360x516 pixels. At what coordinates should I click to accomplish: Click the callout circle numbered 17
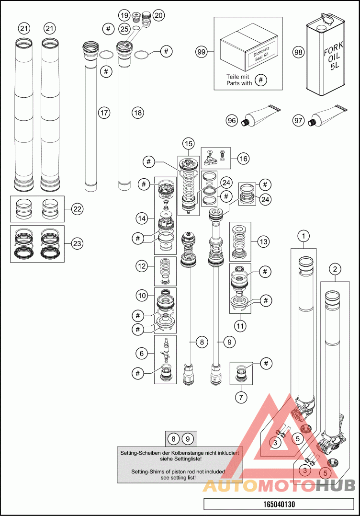(x=104, y=113)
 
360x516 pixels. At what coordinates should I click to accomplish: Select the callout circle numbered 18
(x=138, y=113)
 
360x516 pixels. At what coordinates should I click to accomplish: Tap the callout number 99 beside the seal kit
(x=202, y=52)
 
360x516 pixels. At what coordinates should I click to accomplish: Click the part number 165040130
(x=279, y=504)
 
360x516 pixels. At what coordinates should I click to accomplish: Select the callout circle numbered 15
(x=189, y=143)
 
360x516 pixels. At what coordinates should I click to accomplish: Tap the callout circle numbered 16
(x=243, y=159)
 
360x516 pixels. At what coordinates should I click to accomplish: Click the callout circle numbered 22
(x=77, y=209)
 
